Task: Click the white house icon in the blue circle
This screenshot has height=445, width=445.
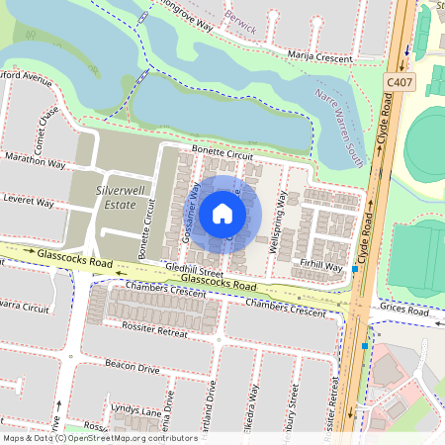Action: pos(222,213)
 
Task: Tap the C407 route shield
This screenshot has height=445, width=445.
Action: pos(400,83)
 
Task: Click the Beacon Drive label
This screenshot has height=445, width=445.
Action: pos(133,368)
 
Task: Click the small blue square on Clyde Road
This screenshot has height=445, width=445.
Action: pos(365,346)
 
